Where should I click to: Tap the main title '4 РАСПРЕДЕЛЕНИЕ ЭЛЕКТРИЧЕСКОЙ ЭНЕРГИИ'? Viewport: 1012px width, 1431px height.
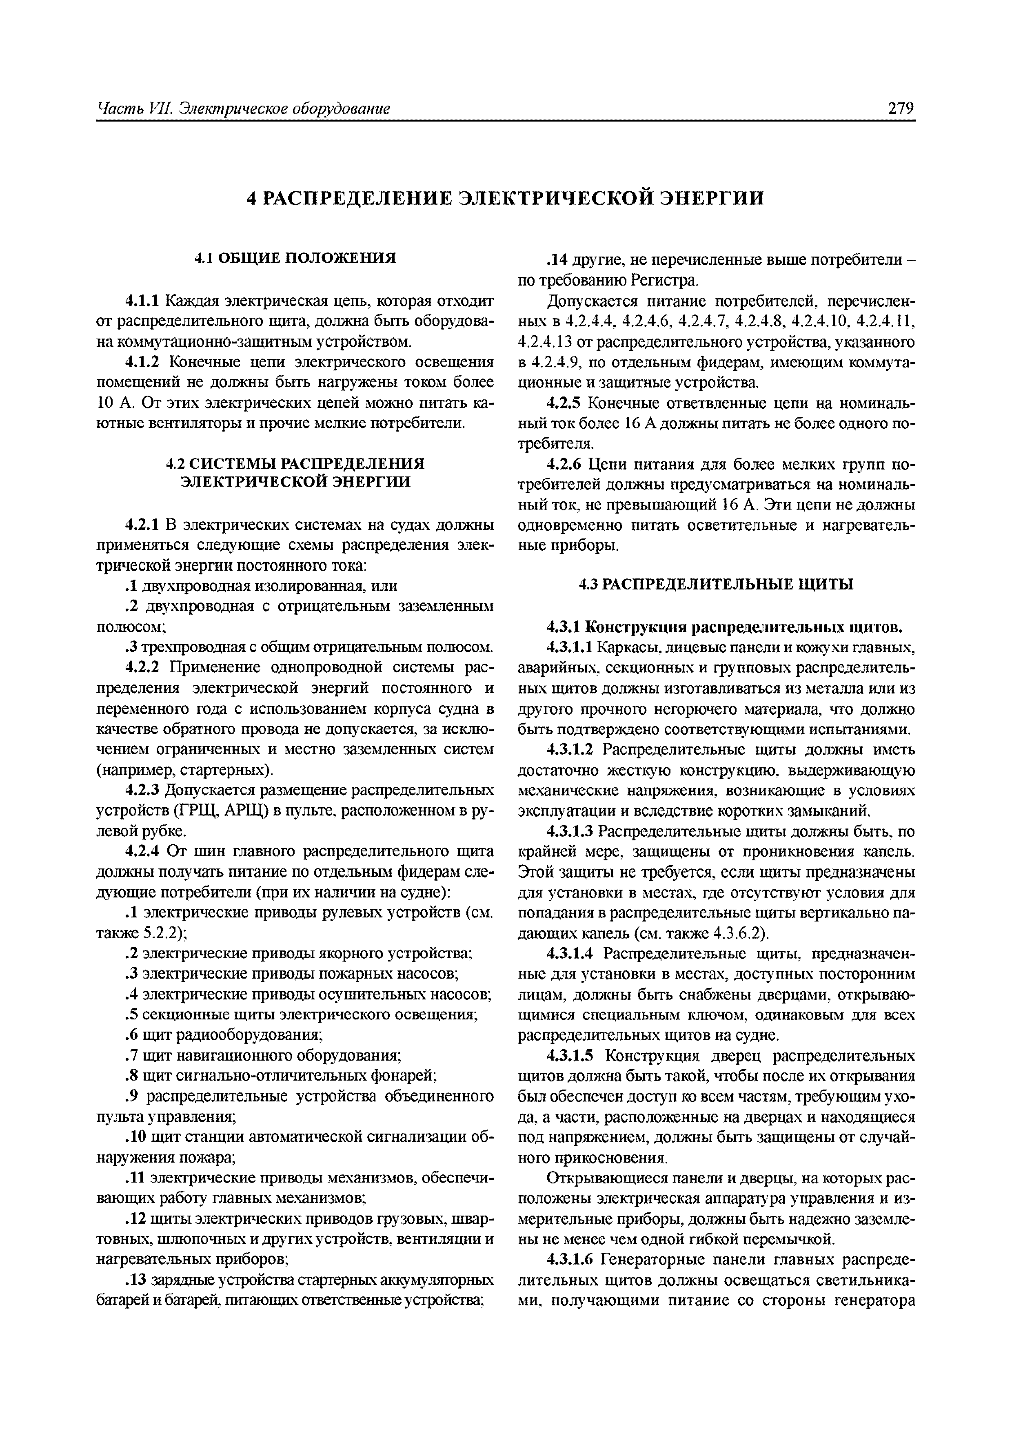click(x=506, y=198)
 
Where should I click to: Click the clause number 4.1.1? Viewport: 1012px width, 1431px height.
click(x=143, y=301)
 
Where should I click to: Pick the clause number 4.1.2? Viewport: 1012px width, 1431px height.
click(x=143, y=362)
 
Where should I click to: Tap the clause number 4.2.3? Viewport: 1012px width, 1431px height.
click(x=143, y=790)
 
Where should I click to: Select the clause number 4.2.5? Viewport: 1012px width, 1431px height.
click(x=564, y=403)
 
